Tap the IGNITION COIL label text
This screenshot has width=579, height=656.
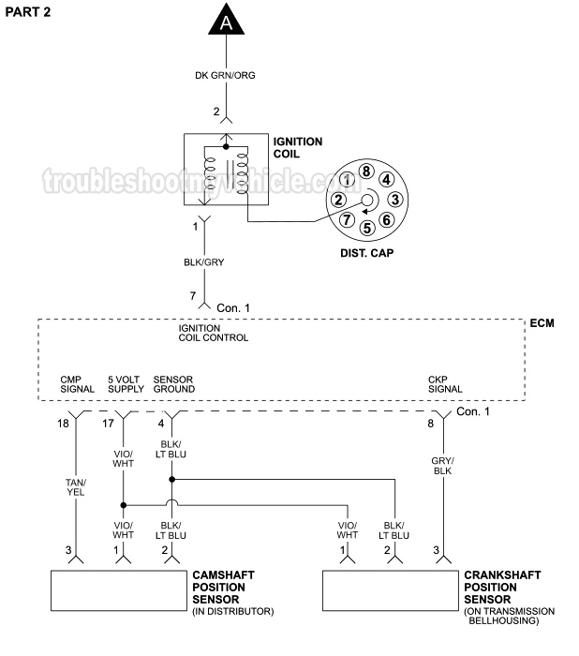click(297, 148)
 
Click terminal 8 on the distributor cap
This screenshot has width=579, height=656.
click(366, 171)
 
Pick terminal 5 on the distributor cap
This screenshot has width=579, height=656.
click(366, 227)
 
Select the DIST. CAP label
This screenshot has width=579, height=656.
click(366, 253)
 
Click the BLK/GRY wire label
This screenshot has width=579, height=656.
click(205, 264)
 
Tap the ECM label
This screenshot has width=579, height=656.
click(542, 323)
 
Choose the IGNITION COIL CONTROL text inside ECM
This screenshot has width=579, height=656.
click(213, 333)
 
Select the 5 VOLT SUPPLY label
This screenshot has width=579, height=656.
click(125, 384)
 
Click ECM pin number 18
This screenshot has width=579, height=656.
click(63, 424)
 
